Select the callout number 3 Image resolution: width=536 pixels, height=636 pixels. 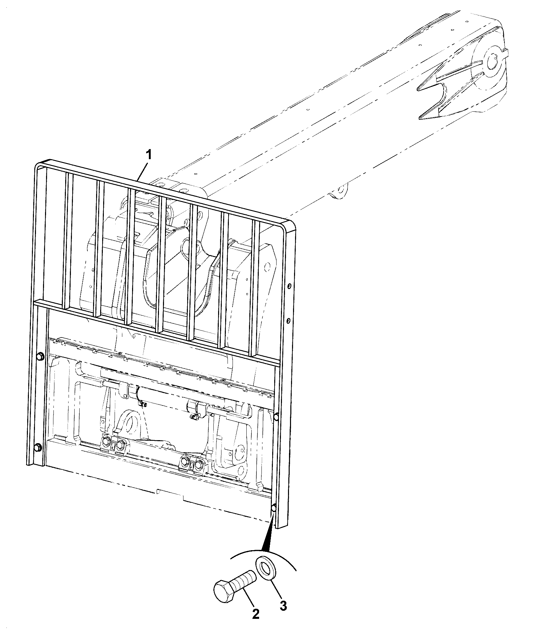coord(283,606)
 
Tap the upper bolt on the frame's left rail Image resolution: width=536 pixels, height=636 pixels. coord(39,357)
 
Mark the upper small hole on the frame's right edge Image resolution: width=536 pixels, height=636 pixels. coord(289,286)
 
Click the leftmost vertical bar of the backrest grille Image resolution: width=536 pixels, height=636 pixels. coord(67,241)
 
